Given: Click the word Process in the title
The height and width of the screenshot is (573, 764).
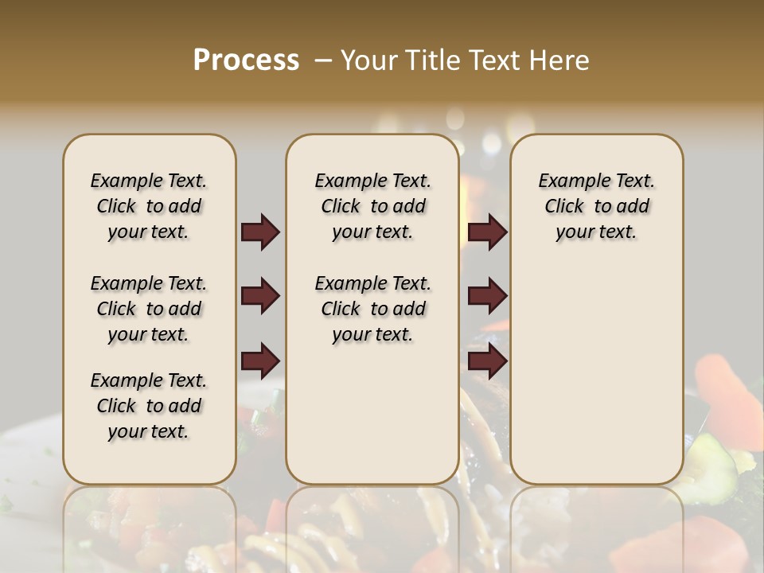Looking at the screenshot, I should (246, 60).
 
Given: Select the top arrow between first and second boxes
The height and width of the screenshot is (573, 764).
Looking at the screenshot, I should (260, 232).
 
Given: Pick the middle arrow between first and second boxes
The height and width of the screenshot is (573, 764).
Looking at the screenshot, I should (260, 297).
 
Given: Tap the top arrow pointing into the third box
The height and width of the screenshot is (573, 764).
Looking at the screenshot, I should (487, 232).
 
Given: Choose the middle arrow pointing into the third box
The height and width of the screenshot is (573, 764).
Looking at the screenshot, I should (487, 297).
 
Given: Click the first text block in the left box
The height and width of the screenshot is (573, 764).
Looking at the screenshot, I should (149, 206).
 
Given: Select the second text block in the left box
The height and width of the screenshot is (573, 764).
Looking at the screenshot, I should (149, 309).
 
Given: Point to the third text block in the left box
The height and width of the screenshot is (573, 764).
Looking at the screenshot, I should (149, 406).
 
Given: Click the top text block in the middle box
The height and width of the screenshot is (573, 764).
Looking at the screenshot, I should (372, 206).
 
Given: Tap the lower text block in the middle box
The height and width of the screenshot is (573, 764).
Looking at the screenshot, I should (372, 309).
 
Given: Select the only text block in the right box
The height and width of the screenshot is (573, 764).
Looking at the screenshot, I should (596, 206).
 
